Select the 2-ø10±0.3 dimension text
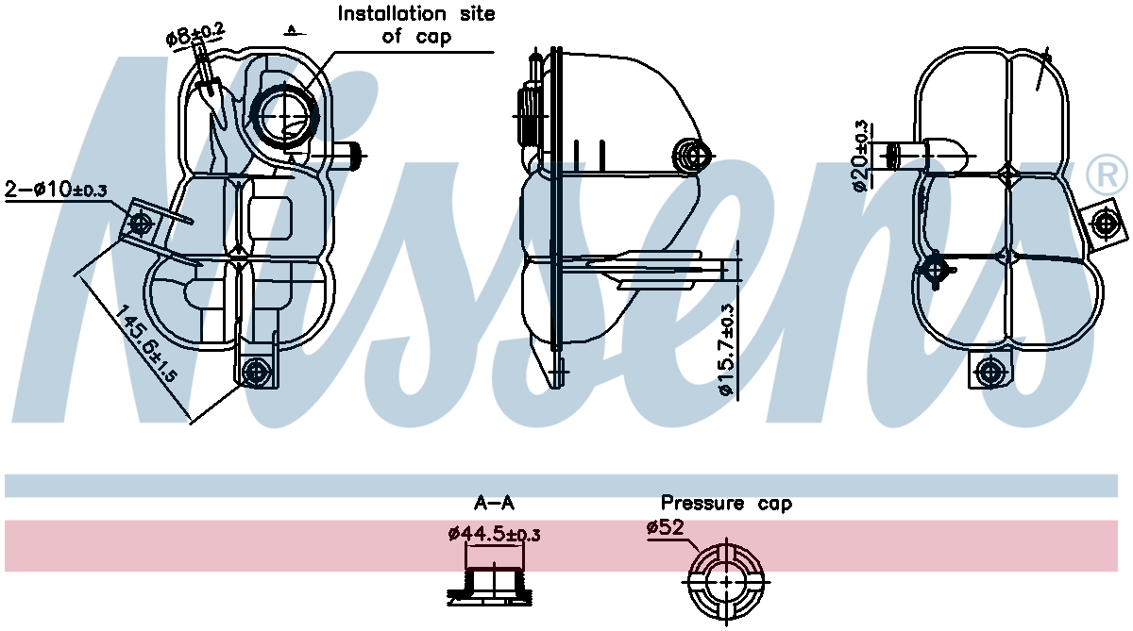56,189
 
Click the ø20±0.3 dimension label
860,156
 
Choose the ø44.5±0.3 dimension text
494,535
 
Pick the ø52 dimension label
667,528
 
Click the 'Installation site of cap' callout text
416,25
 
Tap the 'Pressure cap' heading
726,504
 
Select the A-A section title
494,504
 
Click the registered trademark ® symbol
1107,174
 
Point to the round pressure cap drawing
724,582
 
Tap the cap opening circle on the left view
285,115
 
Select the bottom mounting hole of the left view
254,372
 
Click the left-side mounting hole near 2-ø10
141,224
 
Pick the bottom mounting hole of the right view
989,371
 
